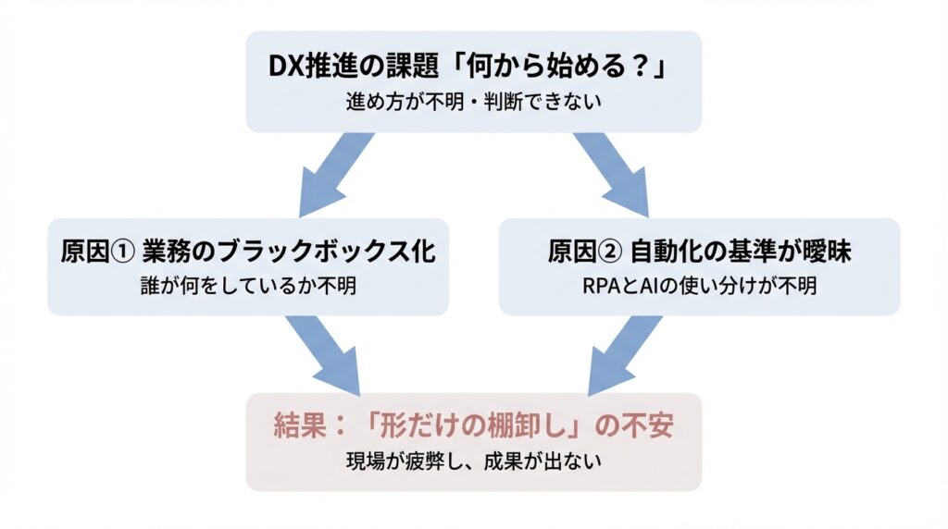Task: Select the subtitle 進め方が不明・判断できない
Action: tap(474, 101)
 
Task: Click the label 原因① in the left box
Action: tap(91, 251)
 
